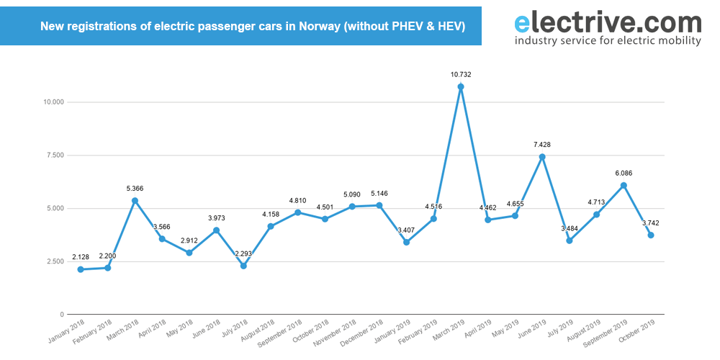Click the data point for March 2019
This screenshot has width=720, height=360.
(x=461, y=87)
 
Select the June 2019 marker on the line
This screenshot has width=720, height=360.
(x=542, y=157)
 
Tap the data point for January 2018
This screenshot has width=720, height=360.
(x=81, y=269)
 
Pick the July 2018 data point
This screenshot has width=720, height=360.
(x=243, y=266)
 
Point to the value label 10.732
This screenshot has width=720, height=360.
(x=461, y=74)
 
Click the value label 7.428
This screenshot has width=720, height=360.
(x=542, y=144)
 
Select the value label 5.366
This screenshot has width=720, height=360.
(x=135, y=189)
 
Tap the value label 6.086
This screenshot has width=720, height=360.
(x=624, y=173)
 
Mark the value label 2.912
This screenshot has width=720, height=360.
(x=189, y=240)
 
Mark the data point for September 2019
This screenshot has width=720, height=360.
(x=624, y=186)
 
